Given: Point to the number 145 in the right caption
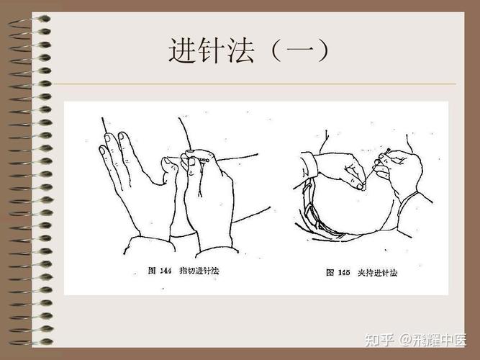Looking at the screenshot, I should pyautogui.click(x=343, y=273).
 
